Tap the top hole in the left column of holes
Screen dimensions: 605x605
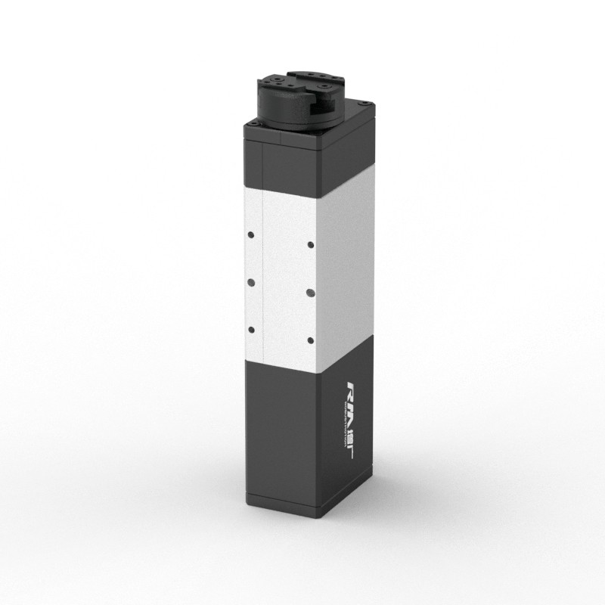(250, 234)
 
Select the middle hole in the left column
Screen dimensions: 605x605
(250, 281)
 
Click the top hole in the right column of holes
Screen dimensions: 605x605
(311, 244)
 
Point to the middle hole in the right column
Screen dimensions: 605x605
(311, 291)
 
